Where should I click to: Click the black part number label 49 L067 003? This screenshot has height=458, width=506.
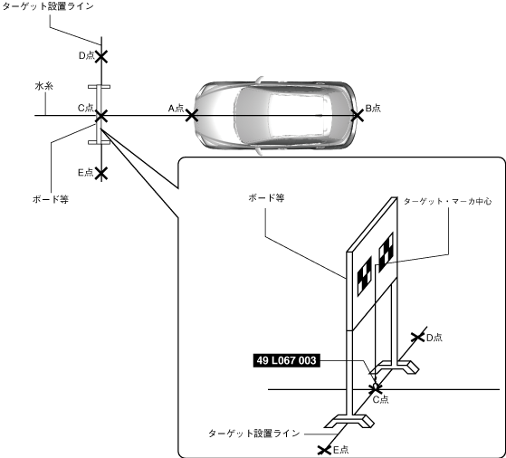287,360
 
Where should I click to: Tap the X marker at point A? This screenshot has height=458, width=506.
192,116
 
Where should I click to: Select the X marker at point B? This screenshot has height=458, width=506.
358,116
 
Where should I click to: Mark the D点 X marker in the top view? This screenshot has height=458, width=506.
101,57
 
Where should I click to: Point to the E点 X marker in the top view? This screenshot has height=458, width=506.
101,173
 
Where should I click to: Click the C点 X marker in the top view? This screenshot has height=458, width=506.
101,116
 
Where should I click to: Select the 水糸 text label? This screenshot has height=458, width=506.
43,86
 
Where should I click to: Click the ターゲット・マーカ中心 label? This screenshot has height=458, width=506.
447,201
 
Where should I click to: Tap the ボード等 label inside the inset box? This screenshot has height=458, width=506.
266,198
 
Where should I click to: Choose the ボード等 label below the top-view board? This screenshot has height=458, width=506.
51,199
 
